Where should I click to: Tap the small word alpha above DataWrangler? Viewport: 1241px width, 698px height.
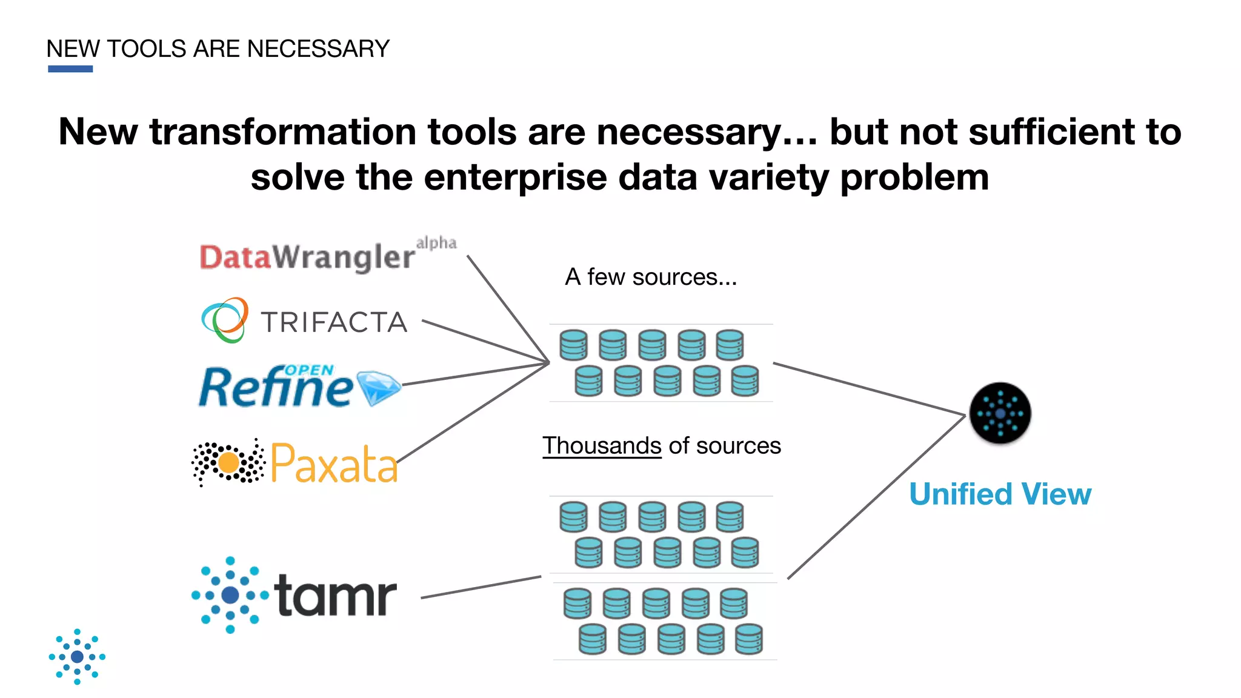coord(436,243)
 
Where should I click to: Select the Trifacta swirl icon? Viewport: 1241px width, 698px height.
coord(225,320)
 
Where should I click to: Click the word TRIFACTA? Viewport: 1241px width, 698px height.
coord(334,322)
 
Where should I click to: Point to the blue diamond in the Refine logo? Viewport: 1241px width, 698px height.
coord(379,388)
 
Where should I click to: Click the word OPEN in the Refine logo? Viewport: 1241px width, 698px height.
coord(308,370)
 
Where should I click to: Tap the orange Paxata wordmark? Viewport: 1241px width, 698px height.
coord(334,464)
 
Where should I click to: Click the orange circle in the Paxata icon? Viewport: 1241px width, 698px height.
coord(228,463)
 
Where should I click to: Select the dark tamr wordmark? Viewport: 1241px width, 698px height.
coord(335,596)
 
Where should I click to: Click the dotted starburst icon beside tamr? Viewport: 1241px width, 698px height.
coord(230,595)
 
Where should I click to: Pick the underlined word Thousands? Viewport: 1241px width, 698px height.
coord(602,446)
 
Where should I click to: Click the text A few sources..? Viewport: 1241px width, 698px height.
coord(651,278)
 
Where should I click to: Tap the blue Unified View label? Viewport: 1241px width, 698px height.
coord(1000,494)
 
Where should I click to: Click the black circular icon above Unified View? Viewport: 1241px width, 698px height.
coord(1000,413)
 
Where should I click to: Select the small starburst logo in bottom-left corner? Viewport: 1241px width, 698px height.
coord(77,657)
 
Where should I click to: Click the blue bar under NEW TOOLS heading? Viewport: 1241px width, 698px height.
coord(70,69)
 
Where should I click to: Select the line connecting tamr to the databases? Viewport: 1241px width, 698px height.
coord(481,587)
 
